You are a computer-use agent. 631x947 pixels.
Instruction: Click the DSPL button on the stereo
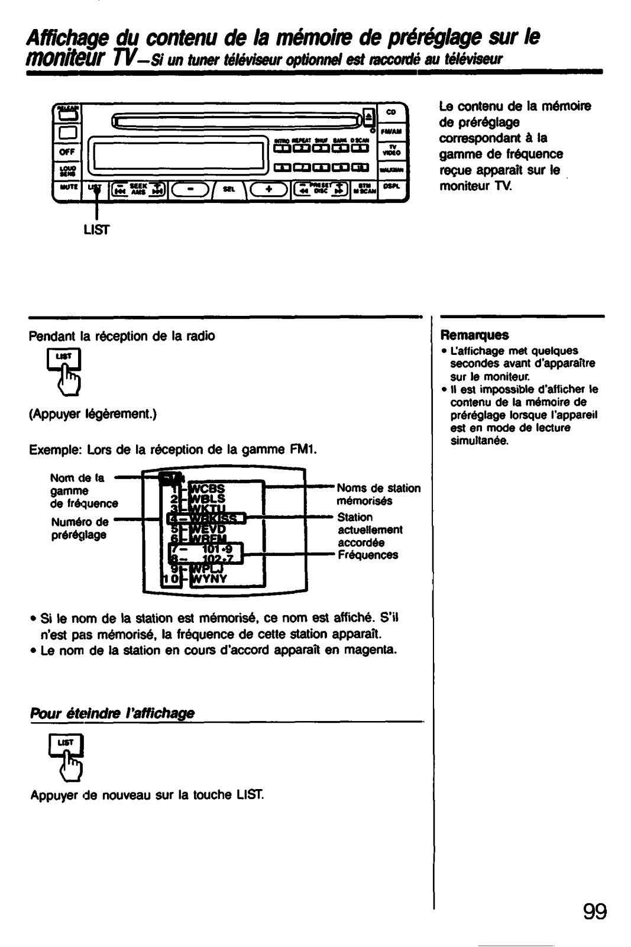click(x=391, y=186)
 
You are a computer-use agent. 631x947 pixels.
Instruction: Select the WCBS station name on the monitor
click(x=204, y=489)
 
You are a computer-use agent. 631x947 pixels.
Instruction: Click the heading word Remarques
click(x=474, y=335)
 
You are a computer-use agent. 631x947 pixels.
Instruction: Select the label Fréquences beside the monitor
click(x=367, y=555)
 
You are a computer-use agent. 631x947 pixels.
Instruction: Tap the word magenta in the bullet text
click(x=372, y=650)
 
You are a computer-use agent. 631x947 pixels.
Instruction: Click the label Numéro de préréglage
click(x=79, y=528)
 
